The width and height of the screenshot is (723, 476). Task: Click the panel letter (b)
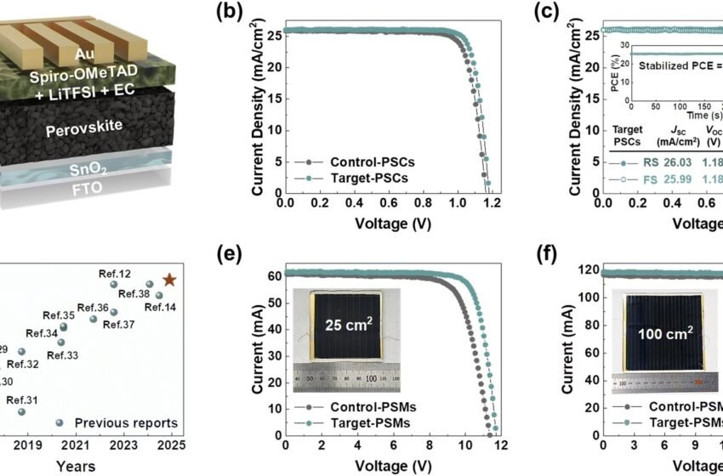click(231, 11)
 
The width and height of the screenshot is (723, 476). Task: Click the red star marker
click(169, 280)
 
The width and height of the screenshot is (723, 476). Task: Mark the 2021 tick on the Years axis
click(76, 445)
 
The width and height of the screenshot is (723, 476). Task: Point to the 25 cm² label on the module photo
click(348, 323)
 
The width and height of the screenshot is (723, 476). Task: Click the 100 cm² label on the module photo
click(663, 324)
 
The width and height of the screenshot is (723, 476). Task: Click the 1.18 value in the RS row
click(705, 163)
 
